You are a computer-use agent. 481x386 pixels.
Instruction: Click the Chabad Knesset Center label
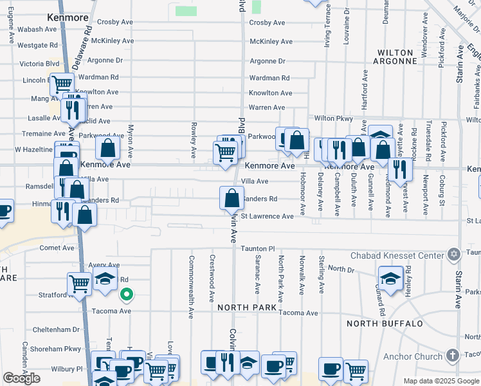coord(398,255)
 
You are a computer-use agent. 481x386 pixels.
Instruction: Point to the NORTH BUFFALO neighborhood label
coord(384,323)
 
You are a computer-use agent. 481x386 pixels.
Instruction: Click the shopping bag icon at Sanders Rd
coord(231,198)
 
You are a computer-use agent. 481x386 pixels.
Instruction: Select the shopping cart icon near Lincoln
coord(62,84)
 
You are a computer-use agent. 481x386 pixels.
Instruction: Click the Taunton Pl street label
coord(258,248)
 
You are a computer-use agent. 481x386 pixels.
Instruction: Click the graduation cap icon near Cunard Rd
coord(390,279)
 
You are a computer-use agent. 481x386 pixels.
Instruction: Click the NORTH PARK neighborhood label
coord(247,308)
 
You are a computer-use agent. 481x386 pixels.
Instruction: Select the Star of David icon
coord(454,253)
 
